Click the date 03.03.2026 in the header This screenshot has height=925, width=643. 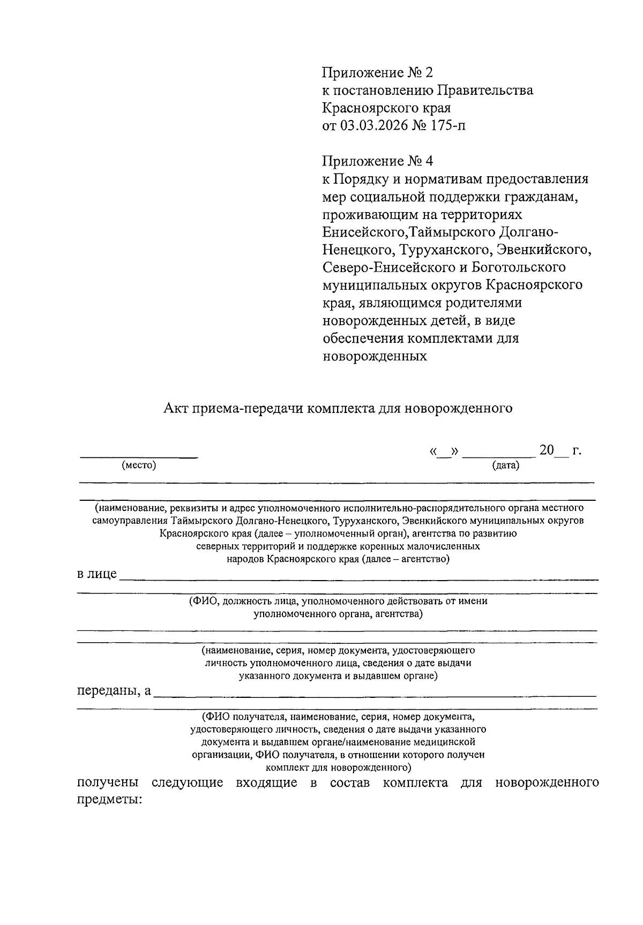pos(370,126)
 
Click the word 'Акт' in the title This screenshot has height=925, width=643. pos(176,409)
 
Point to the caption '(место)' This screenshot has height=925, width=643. pos(139,465)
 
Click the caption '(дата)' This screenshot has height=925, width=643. pos(506,465)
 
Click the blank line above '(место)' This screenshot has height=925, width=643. pos(139,456)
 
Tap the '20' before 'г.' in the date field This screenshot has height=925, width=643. pos(547,450)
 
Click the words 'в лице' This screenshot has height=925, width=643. pos(96,574)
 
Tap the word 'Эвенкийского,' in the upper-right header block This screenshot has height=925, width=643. pos(543,250)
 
